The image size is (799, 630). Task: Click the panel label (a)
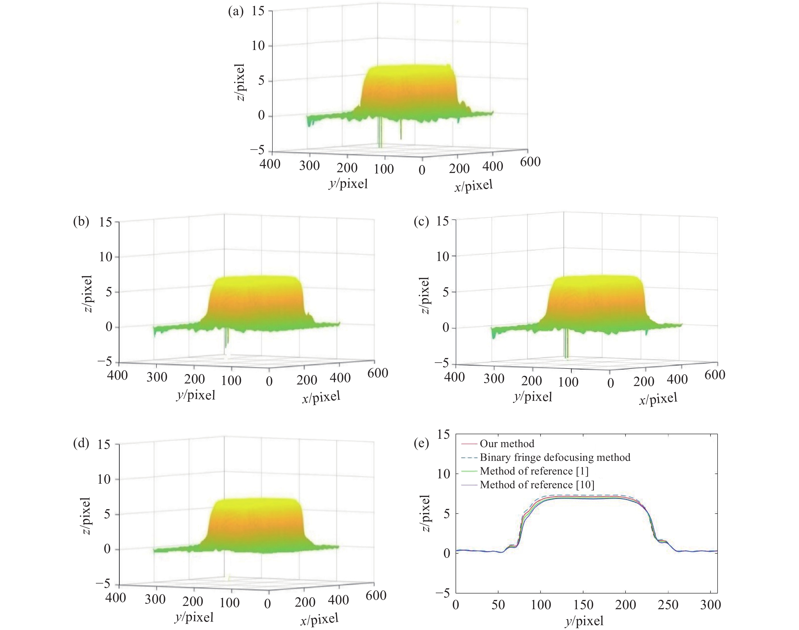click(x=236, y=12)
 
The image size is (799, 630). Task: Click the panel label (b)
click(x=81, y=222)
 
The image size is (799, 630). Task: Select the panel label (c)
click(x=421, y=222)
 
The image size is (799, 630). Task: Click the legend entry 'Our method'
click(x=507, y=443)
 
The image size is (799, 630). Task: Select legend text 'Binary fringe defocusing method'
click(x=555, y=457)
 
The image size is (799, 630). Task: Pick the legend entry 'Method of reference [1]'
click(x=534, y=471)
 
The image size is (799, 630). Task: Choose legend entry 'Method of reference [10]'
click(x=537, y=485)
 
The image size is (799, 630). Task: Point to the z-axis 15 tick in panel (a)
click(x=258, y=11)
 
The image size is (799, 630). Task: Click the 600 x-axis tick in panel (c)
click(x=715, y=375)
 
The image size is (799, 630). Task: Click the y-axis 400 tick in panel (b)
click(x=117, y=375)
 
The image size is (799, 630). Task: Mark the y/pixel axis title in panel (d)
click(x=194, y=617)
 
